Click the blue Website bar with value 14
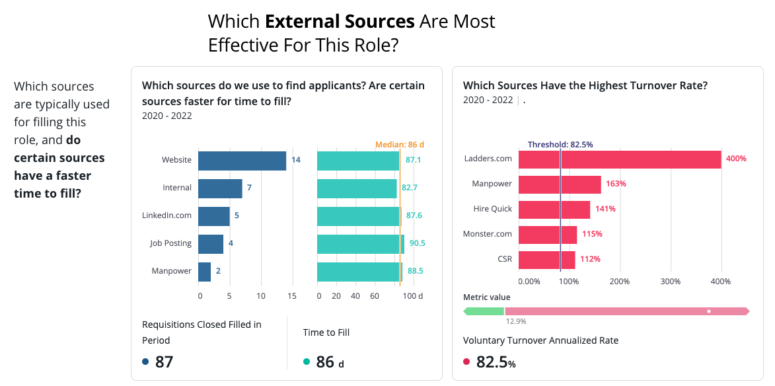242,161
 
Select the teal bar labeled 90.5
360,244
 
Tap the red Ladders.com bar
620,159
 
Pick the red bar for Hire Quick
554,209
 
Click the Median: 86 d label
399,145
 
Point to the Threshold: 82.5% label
560,145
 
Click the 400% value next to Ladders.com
736,159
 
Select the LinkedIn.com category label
166,216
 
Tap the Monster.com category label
488,234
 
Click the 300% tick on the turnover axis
670,281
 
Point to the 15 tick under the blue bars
291,296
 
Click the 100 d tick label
413,296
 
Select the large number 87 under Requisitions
164,362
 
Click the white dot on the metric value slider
709,311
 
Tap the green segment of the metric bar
484,311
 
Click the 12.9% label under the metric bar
515,321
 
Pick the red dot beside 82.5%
466,362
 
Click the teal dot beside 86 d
307,362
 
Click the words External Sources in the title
340,22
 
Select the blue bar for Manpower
205,272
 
